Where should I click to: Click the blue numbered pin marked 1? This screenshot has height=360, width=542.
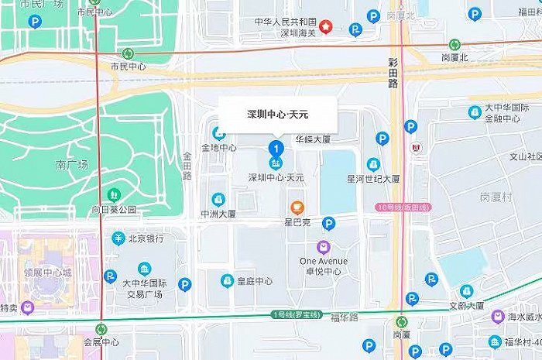(275, 148)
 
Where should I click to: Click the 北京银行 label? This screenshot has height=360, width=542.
(145, 238)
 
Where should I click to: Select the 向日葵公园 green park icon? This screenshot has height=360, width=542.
(115, 194)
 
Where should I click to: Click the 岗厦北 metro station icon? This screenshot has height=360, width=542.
(455, 44)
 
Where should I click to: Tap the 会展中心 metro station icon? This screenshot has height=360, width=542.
(101, 328)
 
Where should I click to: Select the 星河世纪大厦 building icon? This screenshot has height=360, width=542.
(373, 164)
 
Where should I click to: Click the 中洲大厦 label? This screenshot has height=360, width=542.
(218, 214)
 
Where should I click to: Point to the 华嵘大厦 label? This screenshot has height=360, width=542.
(313, 140)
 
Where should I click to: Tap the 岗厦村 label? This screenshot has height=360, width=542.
(496, 196)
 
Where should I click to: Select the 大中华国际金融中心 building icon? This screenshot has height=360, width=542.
(475, 112)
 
